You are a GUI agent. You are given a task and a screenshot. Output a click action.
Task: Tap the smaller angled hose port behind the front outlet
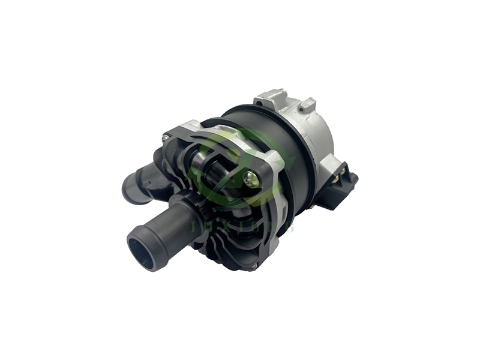(x=135, y=186)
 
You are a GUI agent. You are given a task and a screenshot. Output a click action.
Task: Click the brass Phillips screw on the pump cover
(x=250, y=178)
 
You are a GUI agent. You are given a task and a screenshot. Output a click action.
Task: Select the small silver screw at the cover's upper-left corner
(x=166, y=139)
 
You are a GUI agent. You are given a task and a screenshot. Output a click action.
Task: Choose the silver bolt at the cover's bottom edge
(x=255, y=264)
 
